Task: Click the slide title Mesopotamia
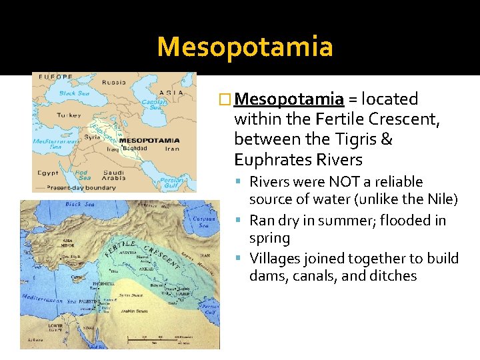pyautogui.click(x=245, y=47)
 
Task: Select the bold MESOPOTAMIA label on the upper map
pyautogui.click(x=149, y=141)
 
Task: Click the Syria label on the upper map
pyautogui.click(x=93, y=137)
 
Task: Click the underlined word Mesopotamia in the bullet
pyautogui.click(x=289, y=100)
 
